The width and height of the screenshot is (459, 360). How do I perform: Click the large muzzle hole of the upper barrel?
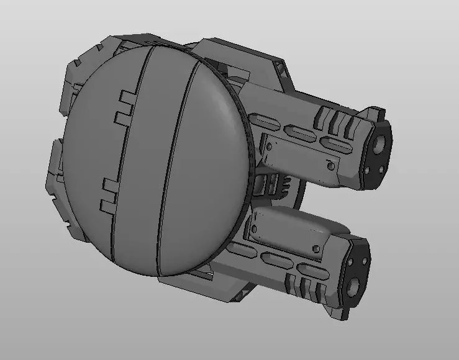tap(379, 145)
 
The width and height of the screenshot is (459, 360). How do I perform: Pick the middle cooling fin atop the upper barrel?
tap(336, 118)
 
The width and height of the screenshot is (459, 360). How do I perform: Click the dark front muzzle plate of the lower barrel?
tap(357, 273)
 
